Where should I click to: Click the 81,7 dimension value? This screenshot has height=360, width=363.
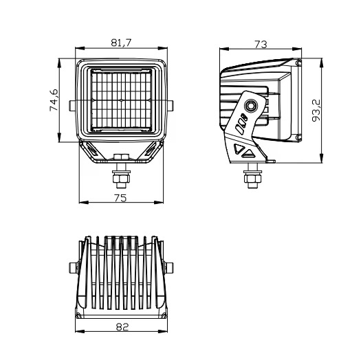click(x=121, y=43)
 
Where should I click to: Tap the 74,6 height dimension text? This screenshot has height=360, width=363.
click(x=54, y=100)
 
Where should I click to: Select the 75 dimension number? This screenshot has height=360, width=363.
click(x=120, y=198)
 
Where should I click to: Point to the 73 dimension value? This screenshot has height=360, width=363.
click(x=261, y=44)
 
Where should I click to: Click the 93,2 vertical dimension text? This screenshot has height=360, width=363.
click(x=316, y=110)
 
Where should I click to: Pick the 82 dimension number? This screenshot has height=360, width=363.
click(x=122, y=327)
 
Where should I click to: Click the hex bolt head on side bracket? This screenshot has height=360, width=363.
click(x=251, y=106)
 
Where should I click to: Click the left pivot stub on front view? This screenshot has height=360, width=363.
click(x=72, y=106)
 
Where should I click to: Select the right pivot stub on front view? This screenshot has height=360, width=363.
click(x=170, y=106)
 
